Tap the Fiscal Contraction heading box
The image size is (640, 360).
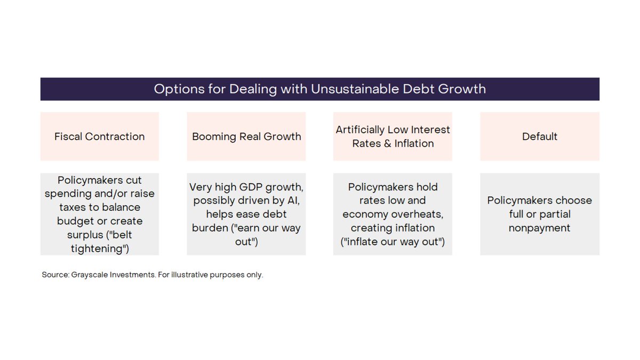[x=99, y=137]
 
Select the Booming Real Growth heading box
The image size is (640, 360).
[x=246, y=137]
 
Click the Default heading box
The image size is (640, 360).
[x=540, y=137]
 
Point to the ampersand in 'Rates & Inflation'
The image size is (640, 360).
[x=387, y=143]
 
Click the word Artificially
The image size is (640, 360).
[x=360, y=130]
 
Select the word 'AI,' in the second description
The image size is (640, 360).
[x=293, y=201]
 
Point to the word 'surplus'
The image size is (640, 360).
[x=85, y=235]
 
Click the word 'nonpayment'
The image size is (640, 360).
[x=539, y=228]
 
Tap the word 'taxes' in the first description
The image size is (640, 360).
[x=73, y=207]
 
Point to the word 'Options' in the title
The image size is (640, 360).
[x=179, y=89]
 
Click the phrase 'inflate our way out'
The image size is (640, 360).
[x=393, y=242]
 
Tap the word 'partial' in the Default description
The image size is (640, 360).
[x=556, y=214]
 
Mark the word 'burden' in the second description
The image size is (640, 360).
[x=210, y=228]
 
